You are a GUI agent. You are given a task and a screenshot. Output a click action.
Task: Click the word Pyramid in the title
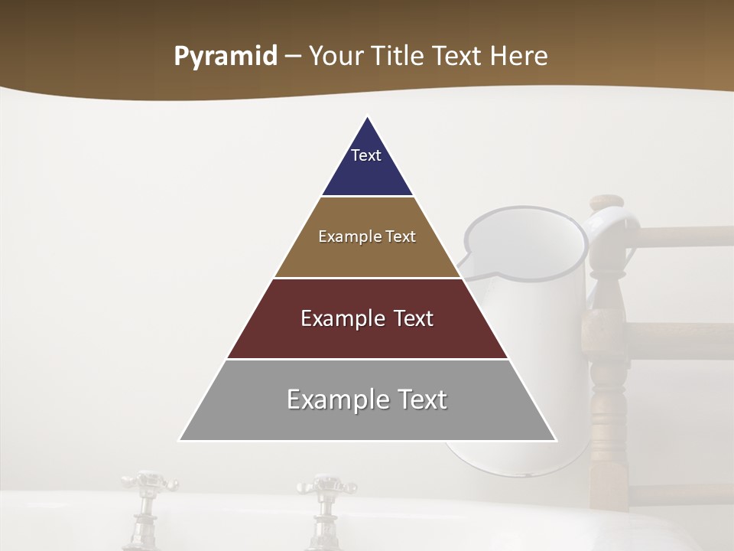225,57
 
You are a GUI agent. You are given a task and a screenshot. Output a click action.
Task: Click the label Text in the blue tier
365,155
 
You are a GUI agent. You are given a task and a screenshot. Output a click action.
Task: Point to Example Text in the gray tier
367,399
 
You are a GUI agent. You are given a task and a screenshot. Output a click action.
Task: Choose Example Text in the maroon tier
367,318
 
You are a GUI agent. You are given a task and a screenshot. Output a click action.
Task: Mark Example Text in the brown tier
367,236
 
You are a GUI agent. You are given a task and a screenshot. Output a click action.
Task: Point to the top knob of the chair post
608,201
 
